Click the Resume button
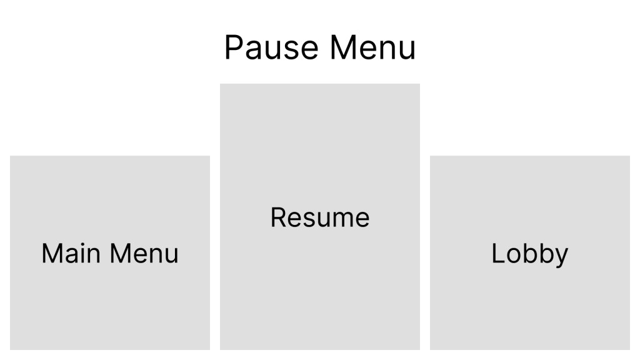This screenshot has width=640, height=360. [x=320, y=216]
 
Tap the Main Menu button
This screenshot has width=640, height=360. [x=110, y=252]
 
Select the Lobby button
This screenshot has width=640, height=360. [x=529, y=252]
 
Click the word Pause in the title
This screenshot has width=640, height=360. [x=272, y=48]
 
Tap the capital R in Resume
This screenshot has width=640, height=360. [x=278, y=217]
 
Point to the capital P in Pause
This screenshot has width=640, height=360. [x=233, y=48]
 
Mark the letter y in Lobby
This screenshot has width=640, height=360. [x=561, y=256]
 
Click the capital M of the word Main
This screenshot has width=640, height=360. [x=51, y=253]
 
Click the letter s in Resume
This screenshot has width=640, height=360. [x=308, y=219]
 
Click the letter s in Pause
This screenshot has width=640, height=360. [x=293, y=51]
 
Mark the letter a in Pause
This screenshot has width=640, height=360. [x=252, y=51]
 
